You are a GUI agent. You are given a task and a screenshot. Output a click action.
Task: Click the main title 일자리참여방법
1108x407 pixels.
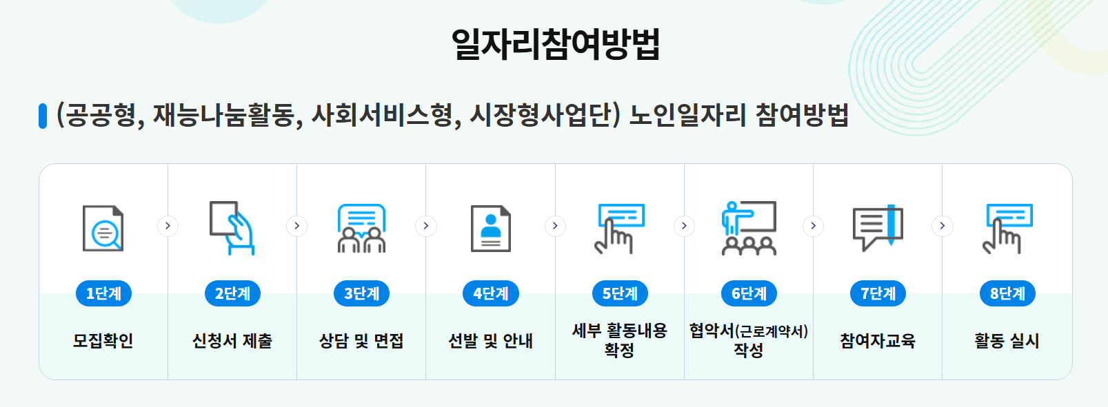[x=555, y=45]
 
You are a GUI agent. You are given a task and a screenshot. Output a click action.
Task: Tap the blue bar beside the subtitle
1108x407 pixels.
[x=43, y=116]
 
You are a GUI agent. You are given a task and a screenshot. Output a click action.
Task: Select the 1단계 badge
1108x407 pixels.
[x=103, y=293]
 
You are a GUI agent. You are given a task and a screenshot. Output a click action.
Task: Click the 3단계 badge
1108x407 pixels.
[x=361, y=293]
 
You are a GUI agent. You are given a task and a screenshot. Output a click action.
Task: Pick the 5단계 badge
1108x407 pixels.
[x=620, y=293]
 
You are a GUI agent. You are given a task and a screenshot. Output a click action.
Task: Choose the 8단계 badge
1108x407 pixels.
[x=1007, y=293]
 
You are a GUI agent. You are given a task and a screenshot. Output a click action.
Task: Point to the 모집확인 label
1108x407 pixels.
[x=103, y=340]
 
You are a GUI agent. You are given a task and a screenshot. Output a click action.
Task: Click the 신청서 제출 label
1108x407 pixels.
[x=232, y=340]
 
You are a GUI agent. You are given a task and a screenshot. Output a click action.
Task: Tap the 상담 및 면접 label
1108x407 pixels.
[x=361, y=340]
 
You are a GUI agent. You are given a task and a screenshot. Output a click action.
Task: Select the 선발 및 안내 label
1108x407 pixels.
[x=490, y=340]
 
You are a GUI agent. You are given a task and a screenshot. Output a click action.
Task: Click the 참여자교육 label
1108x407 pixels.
[x=878, y=340]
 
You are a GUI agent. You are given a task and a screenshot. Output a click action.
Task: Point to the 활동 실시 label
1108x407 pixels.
[x=1007, y=340]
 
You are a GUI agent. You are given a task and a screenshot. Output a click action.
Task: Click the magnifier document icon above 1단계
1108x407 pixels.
[x=103, y=228]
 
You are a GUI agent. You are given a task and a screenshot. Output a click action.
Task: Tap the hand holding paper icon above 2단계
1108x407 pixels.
[x=232, y=228]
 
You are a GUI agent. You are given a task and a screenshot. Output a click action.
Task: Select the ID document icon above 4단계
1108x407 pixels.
[x=490, y=228]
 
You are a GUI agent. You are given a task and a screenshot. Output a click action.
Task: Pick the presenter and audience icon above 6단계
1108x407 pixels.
[x=749, y=228]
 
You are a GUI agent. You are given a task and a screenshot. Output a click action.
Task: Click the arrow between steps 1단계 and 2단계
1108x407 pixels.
[x=168, y=226]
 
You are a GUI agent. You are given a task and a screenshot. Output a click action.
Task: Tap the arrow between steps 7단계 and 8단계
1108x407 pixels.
[x=942, y=226]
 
